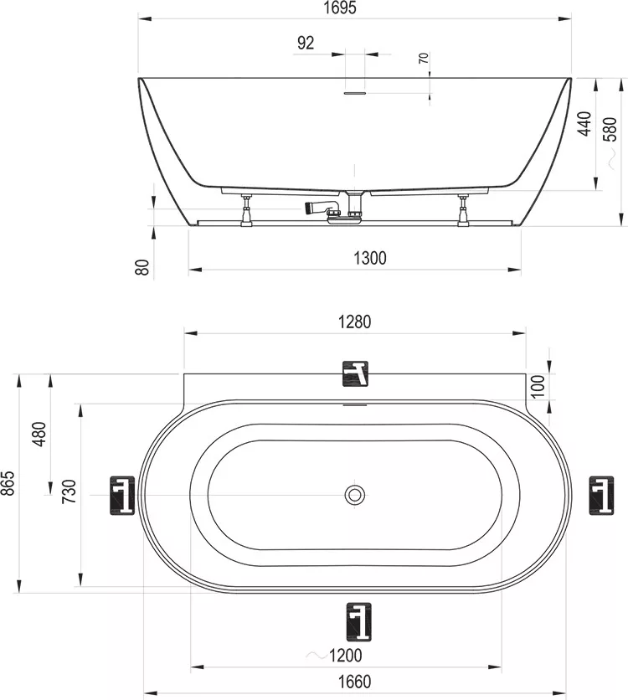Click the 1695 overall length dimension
pyautogui.click(x=340, y=8)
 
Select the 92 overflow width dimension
pyautogui.click(x=306, y=43)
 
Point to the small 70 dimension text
pyautogui.click(x=424, y=58)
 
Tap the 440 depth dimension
pyautogui.click(x=584, y=124)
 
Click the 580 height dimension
pyautogui.click(x=610, y=129)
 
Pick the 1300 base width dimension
pyautogui.click(x=369, y=258)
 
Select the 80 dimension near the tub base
pyautogui.click(x=142, y=267)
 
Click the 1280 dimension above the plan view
pyautogui.click(x=354, y=322)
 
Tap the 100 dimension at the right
pyautogui.click(x=538, y=386)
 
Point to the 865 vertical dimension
pyautogui.click(x=8, y=483)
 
